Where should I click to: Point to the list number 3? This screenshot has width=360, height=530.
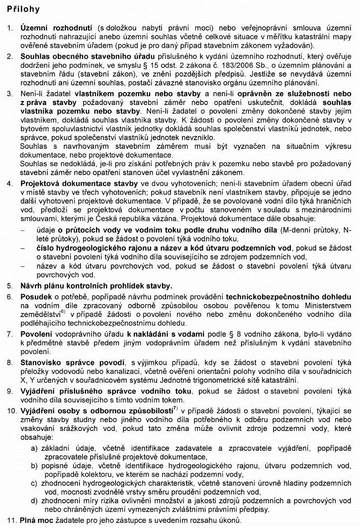coord(10,93)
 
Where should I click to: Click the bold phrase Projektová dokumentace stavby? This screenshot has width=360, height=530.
coord(76,184)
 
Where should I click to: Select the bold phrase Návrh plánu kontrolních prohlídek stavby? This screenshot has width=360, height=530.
coord(96,286)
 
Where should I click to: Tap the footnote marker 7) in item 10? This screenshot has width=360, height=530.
coord(175,409)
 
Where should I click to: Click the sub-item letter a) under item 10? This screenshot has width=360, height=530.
coord(34,448)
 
